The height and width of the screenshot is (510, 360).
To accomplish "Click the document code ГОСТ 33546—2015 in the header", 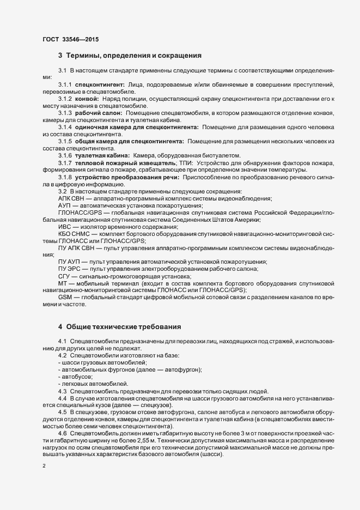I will click(x=70, y=39).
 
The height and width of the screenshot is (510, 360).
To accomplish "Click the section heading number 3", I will click(x=60, y=56).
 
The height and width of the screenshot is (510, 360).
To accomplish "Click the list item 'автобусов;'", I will click(x=77, y=377).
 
